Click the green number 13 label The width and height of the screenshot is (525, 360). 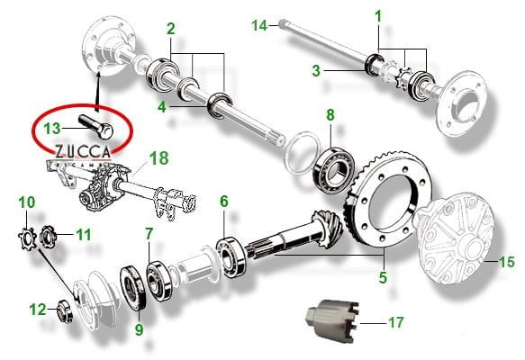(x=52, y=129)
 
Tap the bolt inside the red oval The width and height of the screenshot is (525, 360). (x=96, y=127)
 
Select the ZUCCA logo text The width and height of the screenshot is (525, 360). (x=83, y=151)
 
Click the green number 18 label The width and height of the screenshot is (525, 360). (x=158, y=158)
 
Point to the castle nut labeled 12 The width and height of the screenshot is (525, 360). (x=66, y=311)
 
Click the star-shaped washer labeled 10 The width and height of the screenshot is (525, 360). (x=27, y=238)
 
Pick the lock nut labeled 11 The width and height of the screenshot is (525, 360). (x=49, y=235)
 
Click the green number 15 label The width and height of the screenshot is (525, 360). (x=507, y=262)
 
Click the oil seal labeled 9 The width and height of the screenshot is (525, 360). (x=133, y=288)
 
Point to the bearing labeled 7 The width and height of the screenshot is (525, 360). (x=159, y=281)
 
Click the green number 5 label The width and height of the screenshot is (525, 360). (x=383, y=277)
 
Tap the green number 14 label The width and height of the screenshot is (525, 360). (x=259, y=25)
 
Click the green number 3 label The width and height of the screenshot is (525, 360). (x=316, y=70)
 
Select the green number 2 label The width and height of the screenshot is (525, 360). (x=171, y=29)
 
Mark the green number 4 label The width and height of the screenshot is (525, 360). (x=162, y=107)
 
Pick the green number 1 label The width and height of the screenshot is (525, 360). (x=378, y=16)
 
